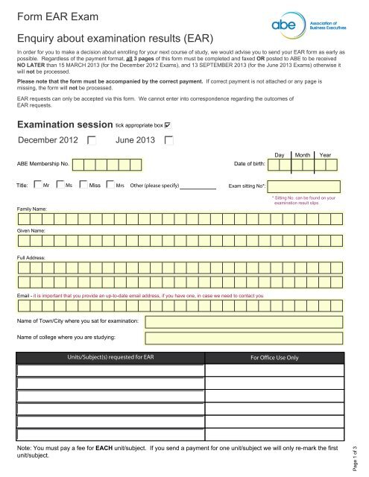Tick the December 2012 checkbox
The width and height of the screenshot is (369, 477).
click(x=91, y=140)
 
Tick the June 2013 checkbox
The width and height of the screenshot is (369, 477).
click(x=169, y=140)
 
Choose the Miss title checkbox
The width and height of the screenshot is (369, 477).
click(x=83, y=186)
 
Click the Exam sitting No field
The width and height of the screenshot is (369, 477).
click(x=310, y=186)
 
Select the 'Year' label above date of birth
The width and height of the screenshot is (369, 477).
click(x=326, y=154)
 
